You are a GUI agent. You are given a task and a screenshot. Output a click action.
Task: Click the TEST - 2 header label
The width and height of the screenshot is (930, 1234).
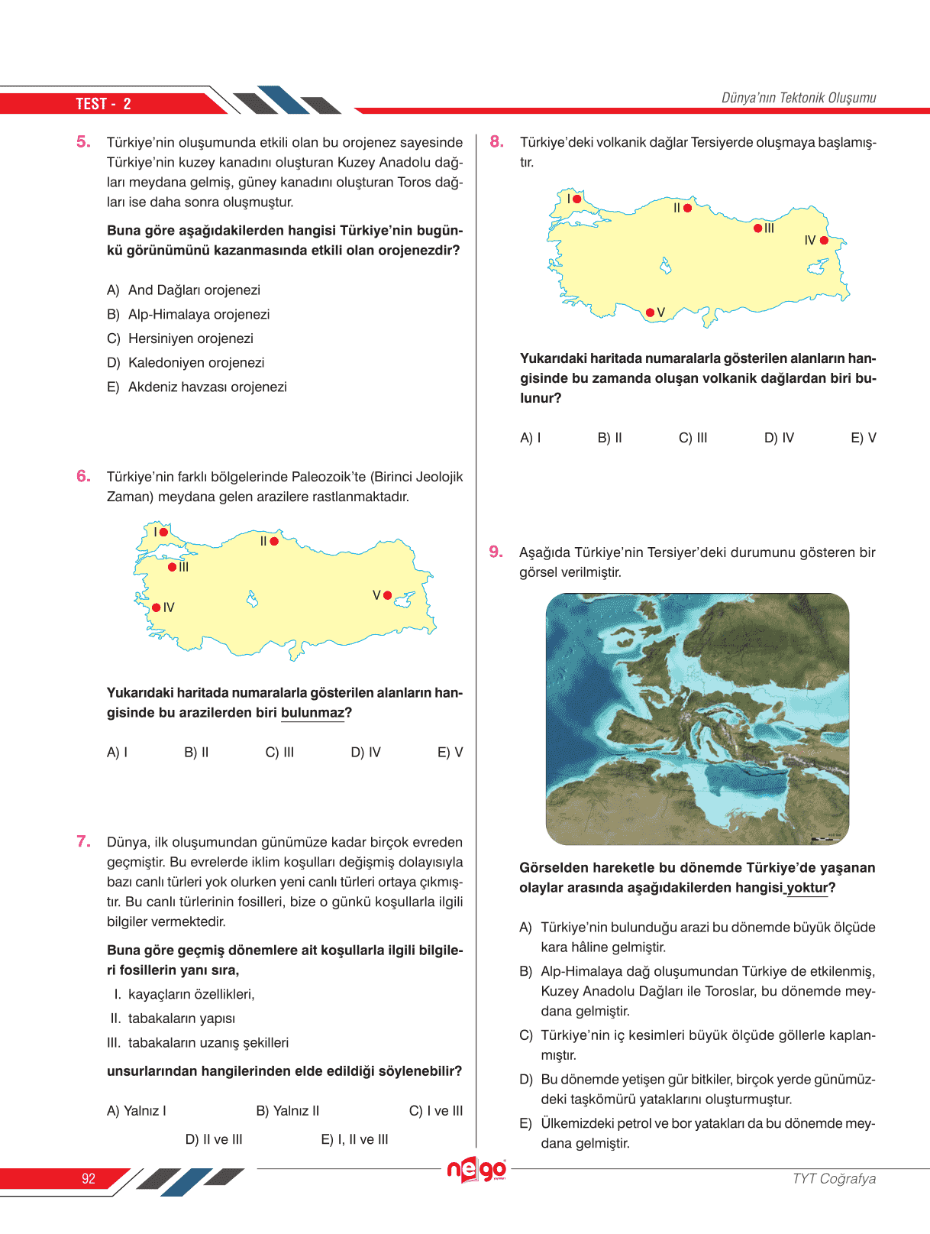103,104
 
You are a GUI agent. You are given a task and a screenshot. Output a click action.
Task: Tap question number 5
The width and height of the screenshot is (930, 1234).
83,141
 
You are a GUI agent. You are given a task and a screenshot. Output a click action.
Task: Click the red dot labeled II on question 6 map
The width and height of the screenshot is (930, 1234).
274,541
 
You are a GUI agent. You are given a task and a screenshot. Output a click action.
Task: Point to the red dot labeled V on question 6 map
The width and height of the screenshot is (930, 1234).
387,595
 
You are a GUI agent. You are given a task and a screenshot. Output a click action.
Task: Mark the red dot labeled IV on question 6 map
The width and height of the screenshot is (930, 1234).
157,607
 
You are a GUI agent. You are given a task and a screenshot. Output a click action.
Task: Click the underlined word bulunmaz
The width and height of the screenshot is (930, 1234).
312,713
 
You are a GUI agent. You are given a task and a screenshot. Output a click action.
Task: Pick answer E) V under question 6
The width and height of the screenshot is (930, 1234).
450,753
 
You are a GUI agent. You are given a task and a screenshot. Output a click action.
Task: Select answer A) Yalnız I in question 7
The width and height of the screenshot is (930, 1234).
137,1111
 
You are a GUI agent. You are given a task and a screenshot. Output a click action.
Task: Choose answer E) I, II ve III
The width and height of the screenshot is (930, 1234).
354,1139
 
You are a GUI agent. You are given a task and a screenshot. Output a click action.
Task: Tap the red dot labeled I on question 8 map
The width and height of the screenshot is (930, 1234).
577,199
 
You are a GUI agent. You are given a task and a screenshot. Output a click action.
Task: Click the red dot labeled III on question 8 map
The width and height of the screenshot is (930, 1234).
757,228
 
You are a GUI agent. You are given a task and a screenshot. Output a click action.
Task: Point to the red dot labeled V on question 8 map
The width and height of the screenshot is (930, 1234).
650,313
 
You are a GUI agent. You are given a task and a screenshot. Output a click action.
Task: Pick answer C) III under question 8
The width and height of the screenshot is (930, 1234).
693,438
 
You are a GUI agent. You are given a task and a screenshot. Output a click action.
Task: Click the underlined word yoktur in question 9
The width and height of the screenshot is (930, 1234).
807,888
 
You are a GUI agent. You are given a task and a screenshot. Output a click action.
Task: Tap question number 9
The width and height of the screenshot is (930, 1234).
496,552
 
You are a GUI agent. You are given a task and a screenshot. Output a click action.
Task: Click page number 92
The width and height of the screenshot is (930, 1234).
89,1178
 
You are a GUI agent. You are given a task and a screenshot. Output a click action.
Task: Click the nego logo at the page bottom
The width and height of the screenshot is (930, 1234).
477,1169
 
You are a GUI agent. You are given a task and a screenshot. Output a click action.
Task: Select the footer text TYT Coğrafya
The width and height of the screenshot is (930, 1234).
834,1178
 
